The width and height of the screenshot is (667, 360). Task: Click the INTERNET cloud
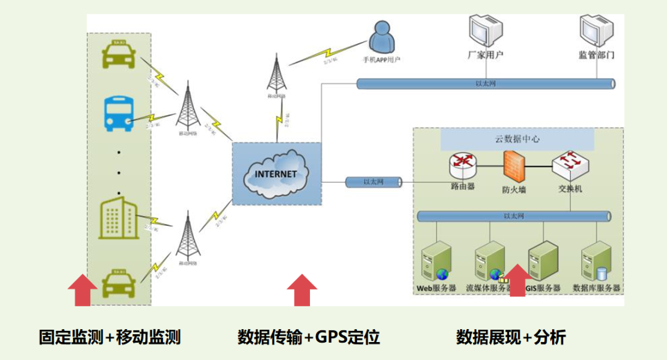click(277, 174)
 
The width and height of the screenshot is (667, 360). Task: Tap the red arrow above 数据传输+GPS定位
click(302, 290)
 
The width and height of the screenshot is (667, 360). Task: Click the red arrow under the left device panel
click(82, 291)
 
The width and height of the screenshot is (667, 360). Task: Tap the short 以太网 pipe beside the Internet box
click(373, 182)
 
